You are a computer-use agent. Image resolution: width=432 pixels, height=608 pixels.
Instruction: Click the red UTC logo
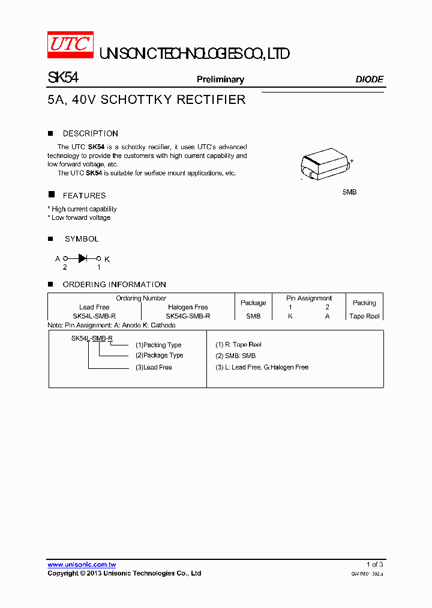pos(70,44)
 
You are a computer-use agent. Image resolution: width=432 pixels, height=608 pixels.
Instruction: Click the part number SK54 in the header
pos(62,78)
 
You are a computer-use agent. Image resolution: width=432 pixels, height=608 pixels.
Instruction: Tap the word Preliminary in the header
pos(220,79)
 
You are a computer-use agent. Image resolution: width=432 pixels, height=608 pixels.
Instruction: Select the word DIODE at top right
pos(369,79)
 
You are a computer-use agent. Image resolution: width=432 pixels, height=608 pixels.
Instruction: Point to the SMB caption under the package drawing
pos(349,192)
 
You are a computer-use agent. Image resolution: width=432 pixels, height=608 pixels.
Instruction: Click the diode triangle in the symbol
pos(83,258)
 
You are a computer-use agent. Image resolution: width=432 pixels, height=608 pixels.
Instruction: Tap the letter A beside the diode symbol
pos(58,259)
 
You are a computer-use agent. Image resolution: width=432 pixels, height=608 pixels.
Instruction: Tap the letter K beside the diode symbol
pos(107,259)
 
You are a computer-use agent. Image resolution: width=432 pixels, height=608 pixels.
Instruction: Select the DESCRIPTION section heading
pos(90,133)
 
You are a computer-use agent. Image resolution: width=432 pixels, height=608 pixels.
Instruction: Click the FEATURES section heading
pos(84,195)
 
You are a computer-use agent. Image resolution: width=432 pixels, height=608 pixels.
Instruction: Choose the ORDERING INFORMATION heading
pos(114,284)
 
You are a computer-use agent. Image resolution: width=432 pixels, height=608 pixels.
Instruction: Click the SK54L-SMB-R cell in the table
pos(94,316)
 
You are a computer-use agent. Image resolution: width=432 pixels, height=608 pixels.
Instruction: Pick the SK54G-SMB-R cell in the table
pos(188,316)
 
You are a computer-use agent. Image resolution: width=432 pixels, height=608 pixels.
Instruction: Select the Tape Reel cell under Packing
pos(364,316)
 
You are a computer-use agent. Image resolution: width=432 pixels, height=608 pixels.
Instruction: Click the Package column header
pos(253,303)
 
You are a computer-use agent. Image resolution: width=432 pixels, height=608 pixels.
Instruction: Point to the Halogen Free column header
pos(188,307)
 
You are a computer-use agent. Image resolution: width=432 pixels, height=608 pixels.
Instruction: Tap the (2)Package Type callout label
pos(159,355)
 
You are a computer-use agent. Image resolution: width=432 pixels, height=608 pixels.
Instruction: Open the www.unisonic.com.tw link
pos(82,564)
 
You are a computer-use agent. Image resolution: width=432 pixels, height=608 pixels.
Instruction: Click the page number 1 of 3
pos(374,564)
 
